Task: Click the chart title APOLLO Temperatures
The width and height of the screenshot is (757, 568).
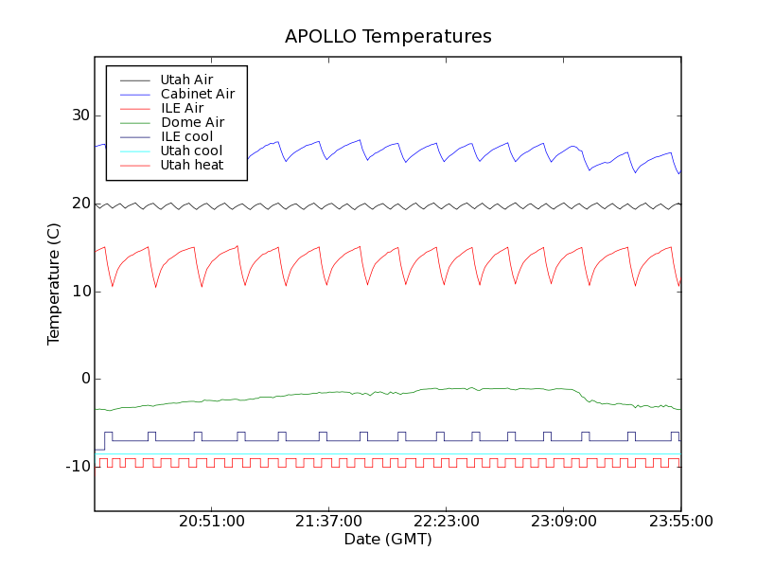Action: [x=388, y=37]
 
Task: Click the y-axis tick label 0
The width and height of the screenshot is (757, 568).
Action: [x=84, y=379]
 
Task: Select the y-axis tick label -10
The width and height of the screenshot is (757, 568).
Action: [x=77, y=467]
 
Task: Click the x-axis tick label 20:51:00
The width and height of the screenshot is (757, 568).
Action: [x=211, y=522]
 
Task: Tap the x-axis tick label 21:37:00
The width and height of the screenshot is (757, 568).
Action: [x=328, y=522]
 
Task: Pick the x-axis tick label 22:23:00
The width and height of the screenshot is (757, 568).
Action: [x=446, y=522]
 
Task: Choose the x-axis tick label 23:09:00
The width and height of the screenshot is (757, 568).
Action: [x=563, y=522]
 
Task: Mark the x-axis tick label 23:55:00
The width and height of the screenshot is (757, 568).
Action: [x=680, y=522]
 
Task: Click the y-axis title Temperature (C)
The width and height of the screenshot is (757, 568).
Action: [x=54, y=285]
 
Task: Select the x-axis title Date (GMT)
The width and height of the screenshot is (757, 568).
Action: [x=388, y=540]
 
